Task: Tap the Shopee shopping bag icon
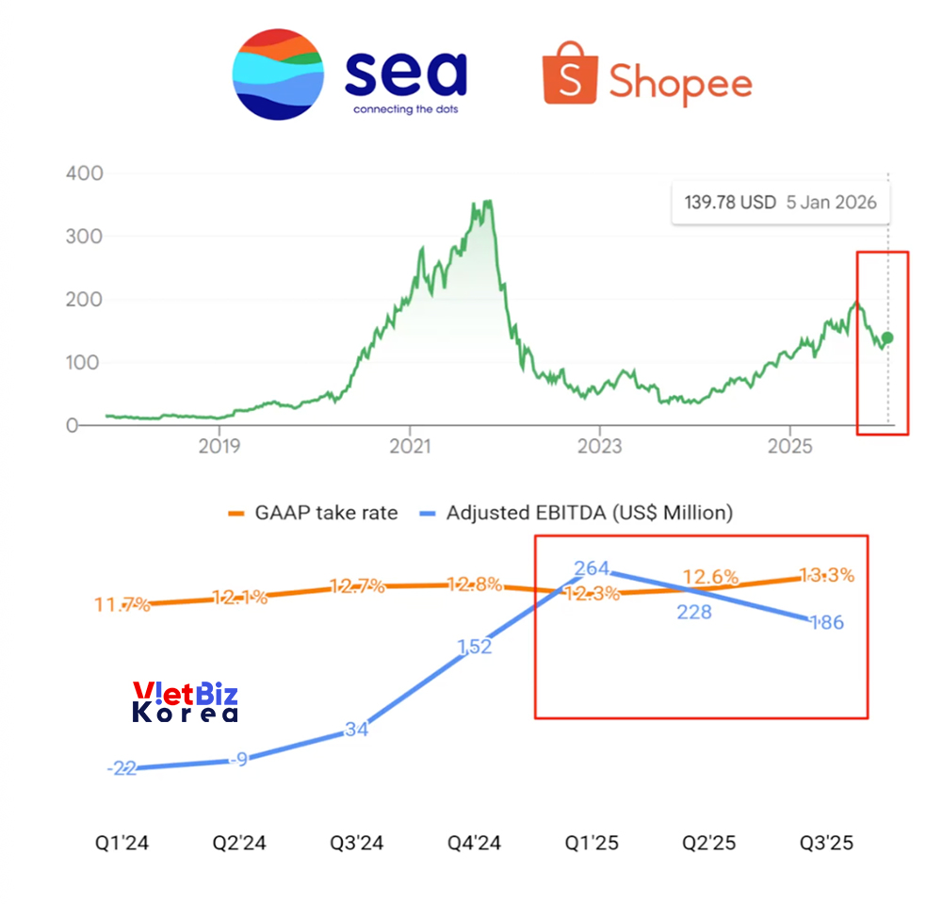pos(570,74)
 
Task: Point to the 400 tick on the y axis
pos(85,174)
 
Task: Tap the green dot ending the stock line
pos(887,337)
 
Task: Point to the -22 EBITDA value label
pos(122,768)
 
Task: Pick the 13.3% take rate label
pos(827,575)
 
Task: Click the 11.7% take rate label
pos(122,604)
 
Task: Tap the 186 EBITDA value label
pos(826,622)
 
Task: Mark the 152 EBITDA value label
pos(474,647)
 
